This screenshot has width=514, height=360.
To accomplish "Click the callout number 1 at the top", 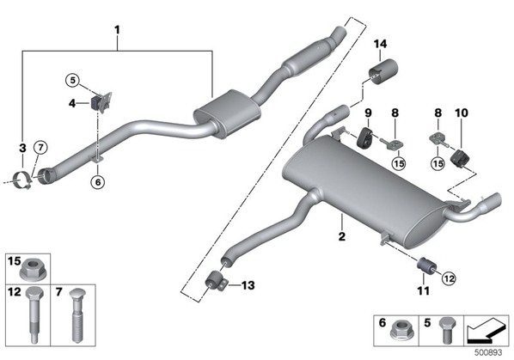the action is coord(117,30).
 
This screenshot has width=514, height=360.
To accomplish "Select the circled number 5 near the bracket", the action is coord(72,80).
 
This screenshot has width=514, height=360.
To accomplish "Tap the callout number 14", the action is coord(380,44).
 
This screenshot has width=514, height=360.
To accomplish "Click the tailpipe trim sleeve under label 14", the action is coord(383,71).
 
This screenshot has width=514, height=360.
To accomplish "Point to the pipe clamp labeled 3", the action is coord(23,180).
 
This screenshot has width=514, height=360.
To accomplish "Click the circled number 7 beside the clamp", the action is coord(40,148).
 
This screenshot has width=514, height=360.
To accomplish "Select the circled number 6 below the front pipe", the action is coord(98,182).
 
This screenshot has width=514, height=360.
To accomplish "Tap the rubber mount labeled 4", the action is coord(95,103).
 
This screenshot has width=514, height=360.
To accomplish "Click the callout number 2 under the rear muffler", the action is coord(342,236).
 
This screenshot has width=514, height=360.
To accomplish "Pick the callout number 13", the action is coord(248,285).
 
